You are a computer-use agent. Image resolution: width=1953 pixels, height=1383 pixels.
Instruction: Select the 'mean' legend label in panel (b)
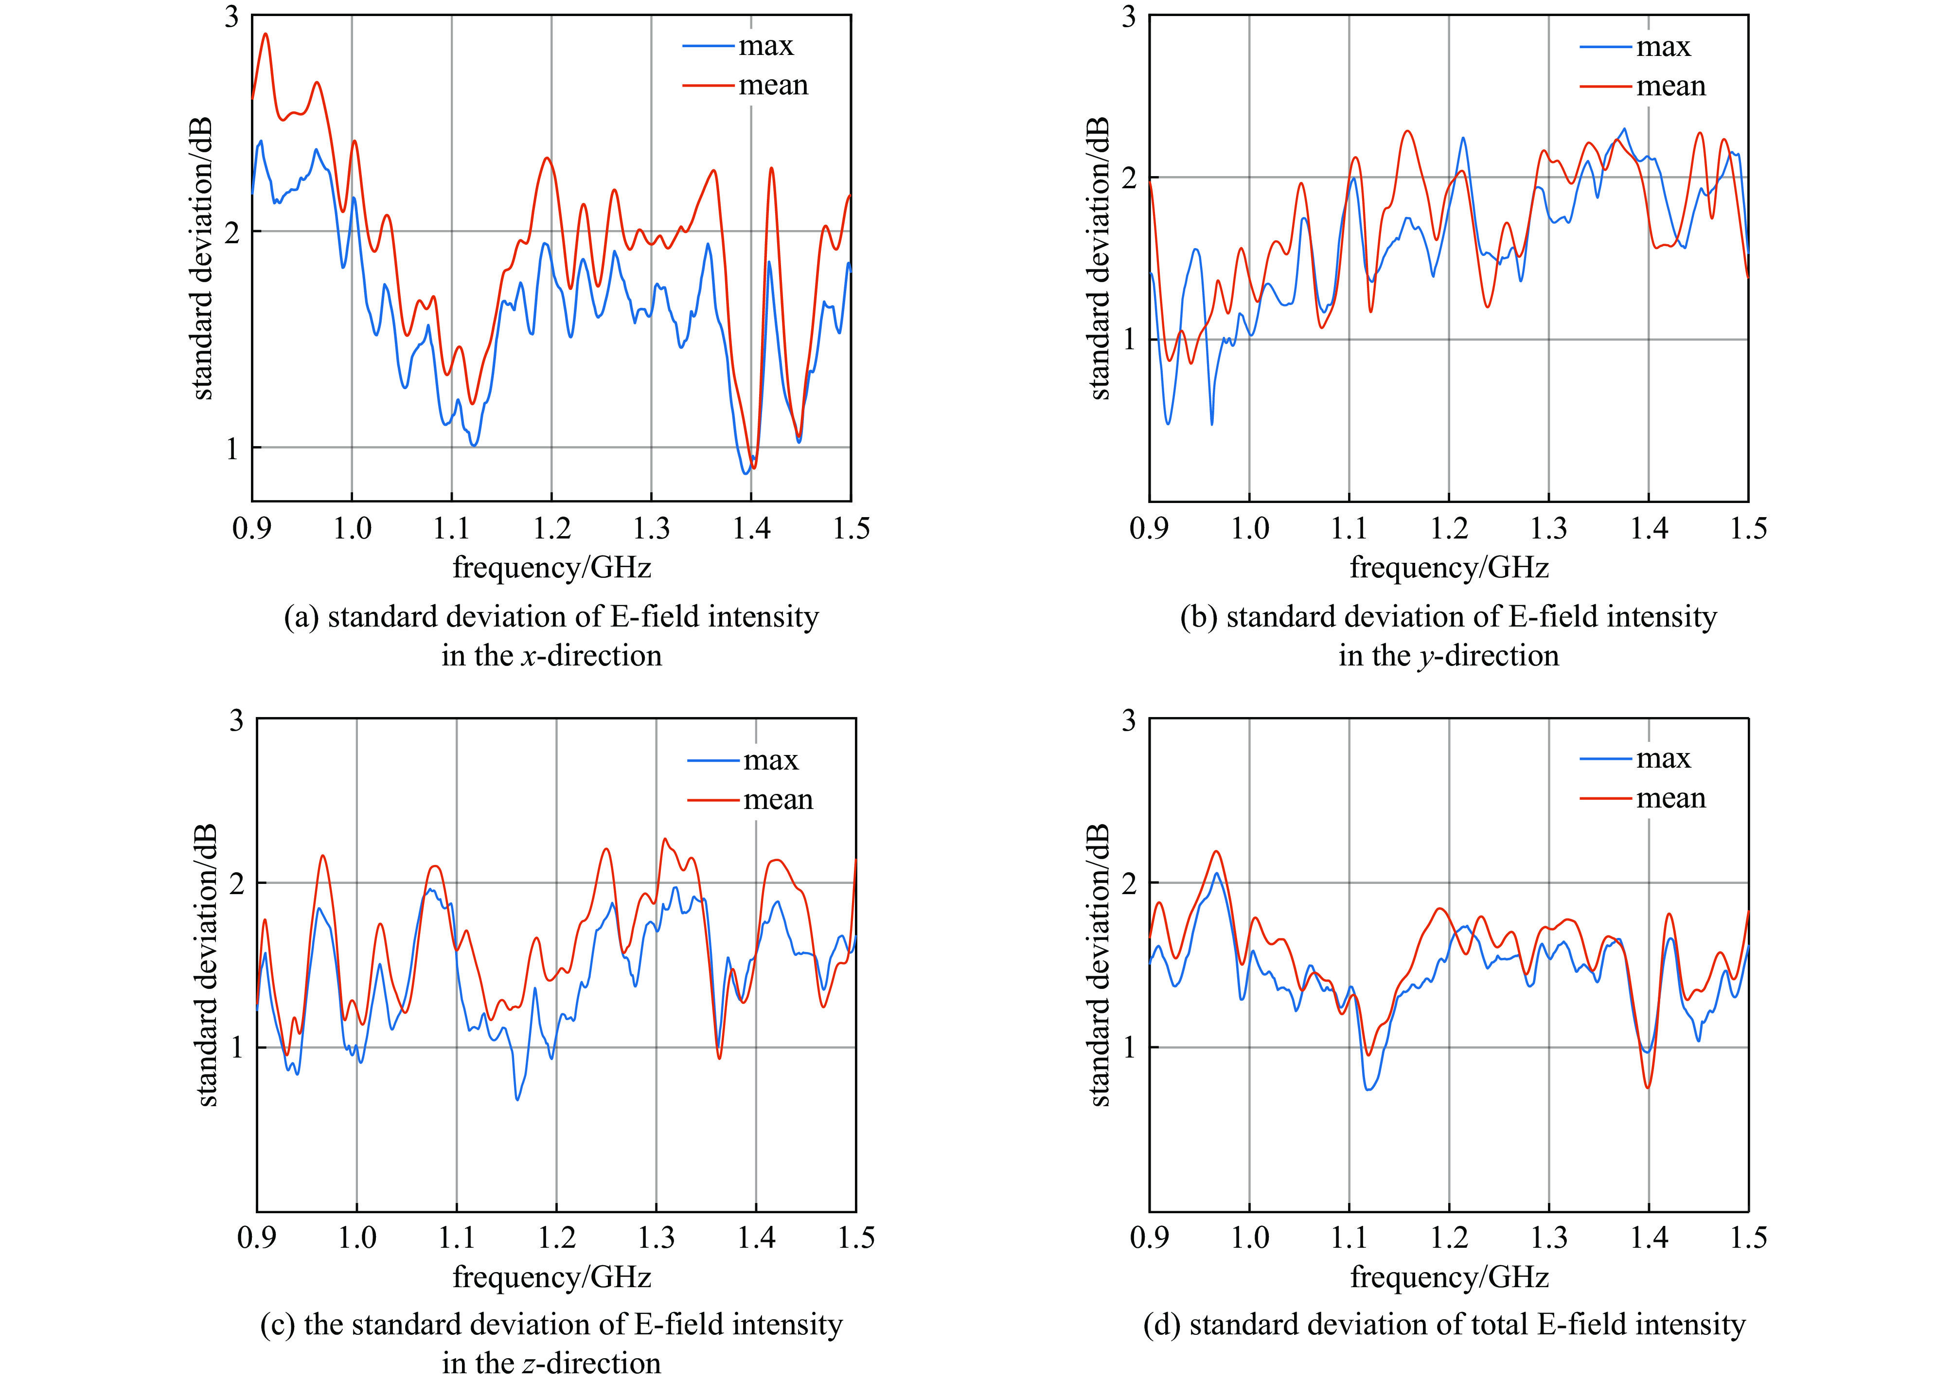coord(1670,86)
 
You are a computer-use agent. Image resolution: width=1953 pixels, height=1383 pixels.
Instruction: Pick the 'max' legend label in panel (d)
coord(1663,758)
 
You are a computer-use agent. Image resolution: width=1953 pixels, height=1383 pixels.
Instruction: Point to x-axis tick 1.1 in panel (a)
coord(451,529)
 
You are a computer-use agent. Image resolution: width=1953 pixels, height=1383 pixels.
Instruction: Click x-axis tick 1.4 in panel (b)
coord(1648,529)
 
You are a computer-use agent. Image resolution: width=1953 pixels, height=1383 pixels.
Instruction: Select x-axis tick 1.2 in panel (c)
coord(556,1238)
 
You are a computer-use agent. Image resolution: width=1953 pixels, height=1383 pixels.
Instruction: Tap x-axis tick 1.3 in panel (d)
coord(1548,1238)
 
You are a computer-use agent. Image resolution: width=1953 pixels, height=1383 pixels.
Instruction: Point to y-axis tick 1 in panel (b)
coord(1129,340)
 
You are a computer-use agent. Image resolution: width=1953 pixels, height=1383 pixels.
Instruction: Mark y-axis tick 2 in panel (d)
coord(1129,883)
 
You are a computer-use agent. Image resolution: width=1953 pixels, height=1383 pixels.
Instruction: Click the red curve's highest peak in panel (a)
coord(266,34)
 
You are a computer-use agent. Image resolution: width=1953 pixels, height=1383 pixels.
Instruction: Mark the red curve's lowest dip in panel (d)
coord(1648,1088)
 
